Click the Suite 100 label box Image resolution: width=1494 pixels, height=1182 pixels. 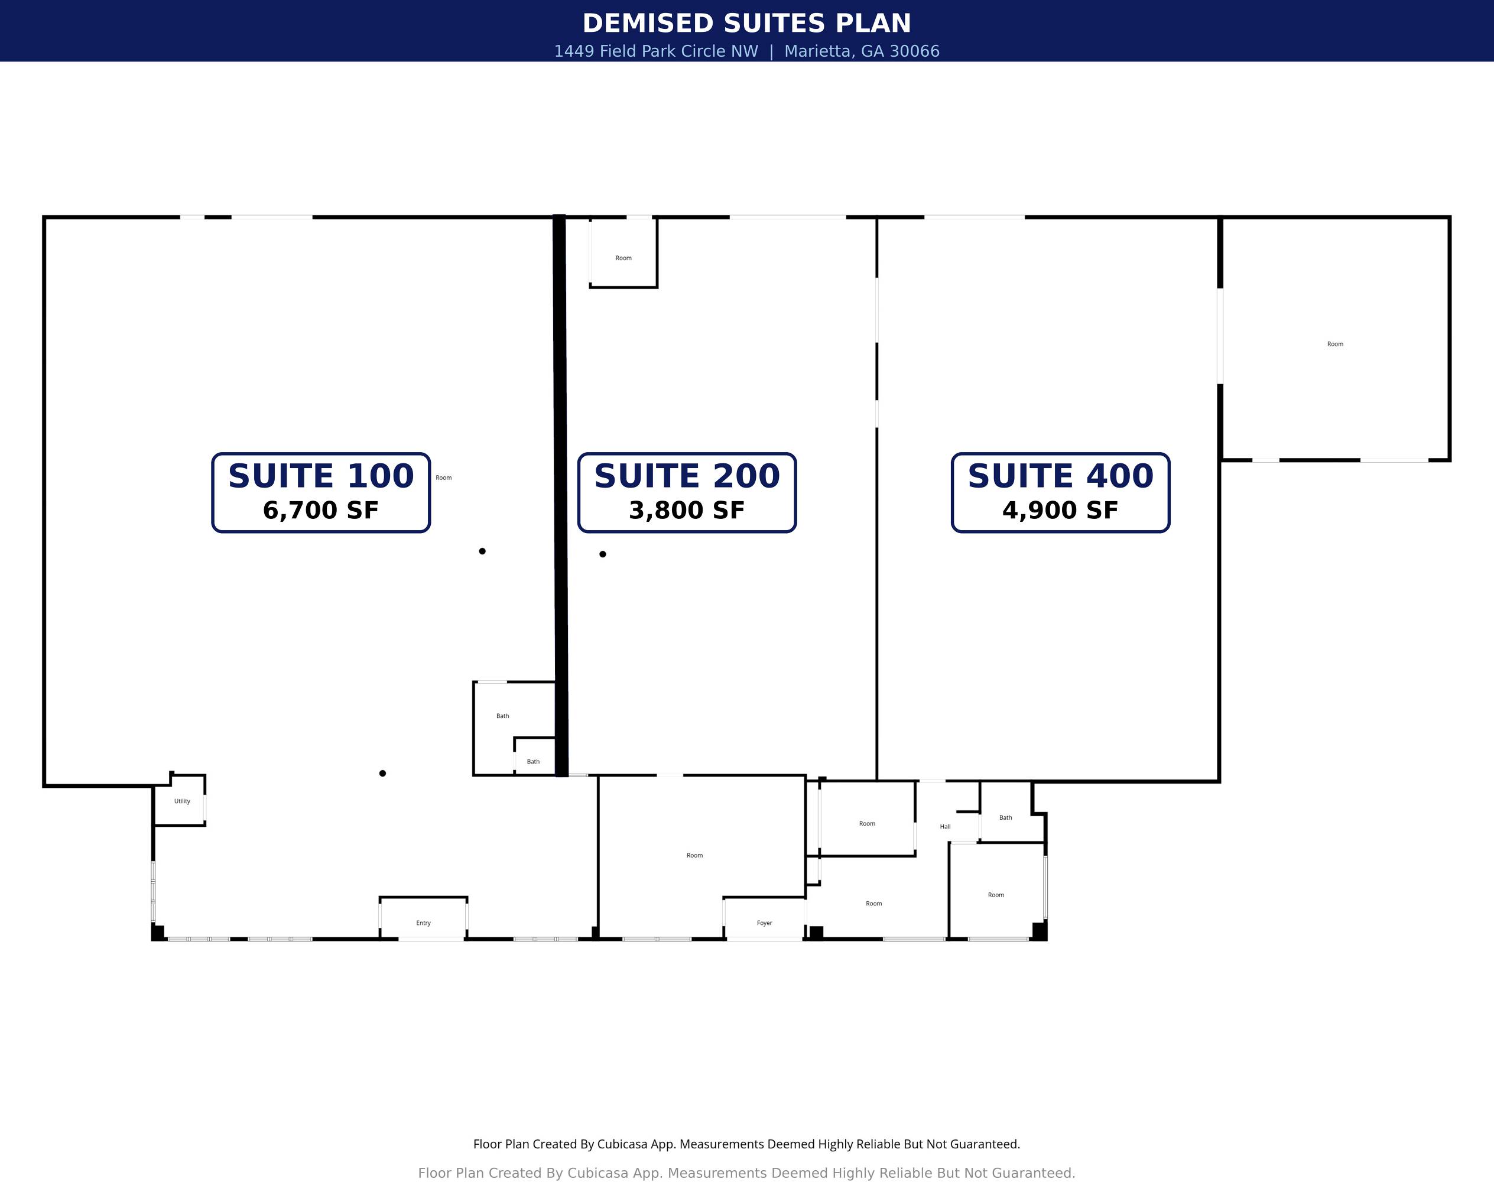click(x=321, y=493)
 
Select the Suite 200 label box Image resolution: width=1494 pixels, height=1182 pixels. click(x=687, y=493)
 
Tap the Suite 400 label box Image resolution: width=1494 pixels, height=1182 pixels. click(x=1061, y=493)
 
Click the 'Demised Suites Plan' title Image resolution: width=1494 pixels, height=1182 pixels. click(x=746, y=24)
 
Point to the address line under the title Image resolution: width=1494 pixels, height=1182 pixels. click(x=746, y=51)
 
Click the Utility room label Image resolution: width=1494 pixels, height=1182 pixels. click(x=182, y=801)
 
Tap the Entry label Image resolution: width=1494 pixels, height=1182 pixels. click(x=424, y=923)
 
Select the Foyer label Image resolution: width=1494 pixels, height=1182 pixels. click(x=764, y=923)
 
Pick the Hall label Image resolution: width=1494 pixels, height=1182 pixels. click(x=945, y=826)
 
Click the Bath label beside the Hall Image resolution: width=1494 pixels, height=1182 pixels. click(x=1005, y=817)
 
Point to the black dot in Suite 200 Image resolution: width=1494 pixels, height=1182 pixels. click(x=603, y=554)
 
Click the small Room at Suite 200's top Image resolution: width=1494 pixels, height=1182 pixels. click(x=623, y=258)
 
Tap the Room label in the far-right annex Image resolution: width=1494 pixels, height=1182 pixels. click(x=1335, y=344)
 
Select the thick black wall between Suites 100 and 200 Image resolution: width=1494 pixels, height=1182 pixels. click(x=560, y=495)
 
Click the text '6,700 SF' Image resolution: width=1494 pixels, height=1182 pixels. click(x=321, y=511)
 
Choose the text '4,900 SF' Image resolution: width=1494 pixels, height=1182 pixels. click(x=1061, y=511)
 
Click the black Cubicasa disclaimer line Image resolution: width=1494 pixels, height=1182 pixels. click(x=746, y=1144)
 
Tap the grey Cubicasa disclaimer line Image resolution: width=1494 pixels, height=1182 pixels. click(x=746, y=1173)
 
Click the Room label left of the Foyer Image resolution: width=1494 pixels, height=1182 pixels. click(x=695, y=855)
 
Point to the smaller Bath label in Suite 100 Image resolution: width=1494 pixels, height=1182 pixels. click(x=533, y=762)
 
